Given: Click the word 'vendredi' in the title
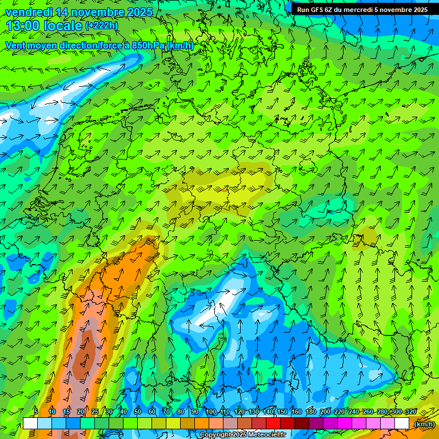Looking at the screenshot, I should click(x=29, y=12).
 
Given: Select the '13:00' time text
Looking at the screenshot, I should click(x=22, y=26).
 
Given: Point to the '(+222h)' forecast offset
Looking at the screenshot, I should click(x=102, y=26).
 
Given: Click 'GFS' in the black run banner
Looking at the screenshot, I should click(x=316, y=10).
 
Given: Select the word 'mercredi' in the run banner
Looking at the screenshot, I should click(x=358, y=10).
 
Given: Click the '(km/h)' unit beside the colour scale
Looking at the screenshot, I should click(x=424, y=424).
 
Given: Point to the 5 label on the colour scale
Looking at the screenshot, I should click(x=36, y=412).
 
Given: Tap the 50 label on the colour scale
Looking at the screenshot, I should click(x=138, y=412).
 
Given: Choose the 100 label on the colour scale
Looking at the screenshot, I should click(x=211, y=412).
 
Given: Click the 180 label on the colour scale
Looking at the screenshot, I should click(x=310, y=412).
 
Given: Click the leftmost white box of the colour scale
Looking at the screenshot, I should click(x=30, y=424).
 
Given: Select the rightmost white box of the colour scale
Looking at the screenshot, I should click(x=402, y=424).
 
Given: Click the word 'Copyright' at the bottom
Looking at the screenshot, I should click(x=214, y=435).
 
